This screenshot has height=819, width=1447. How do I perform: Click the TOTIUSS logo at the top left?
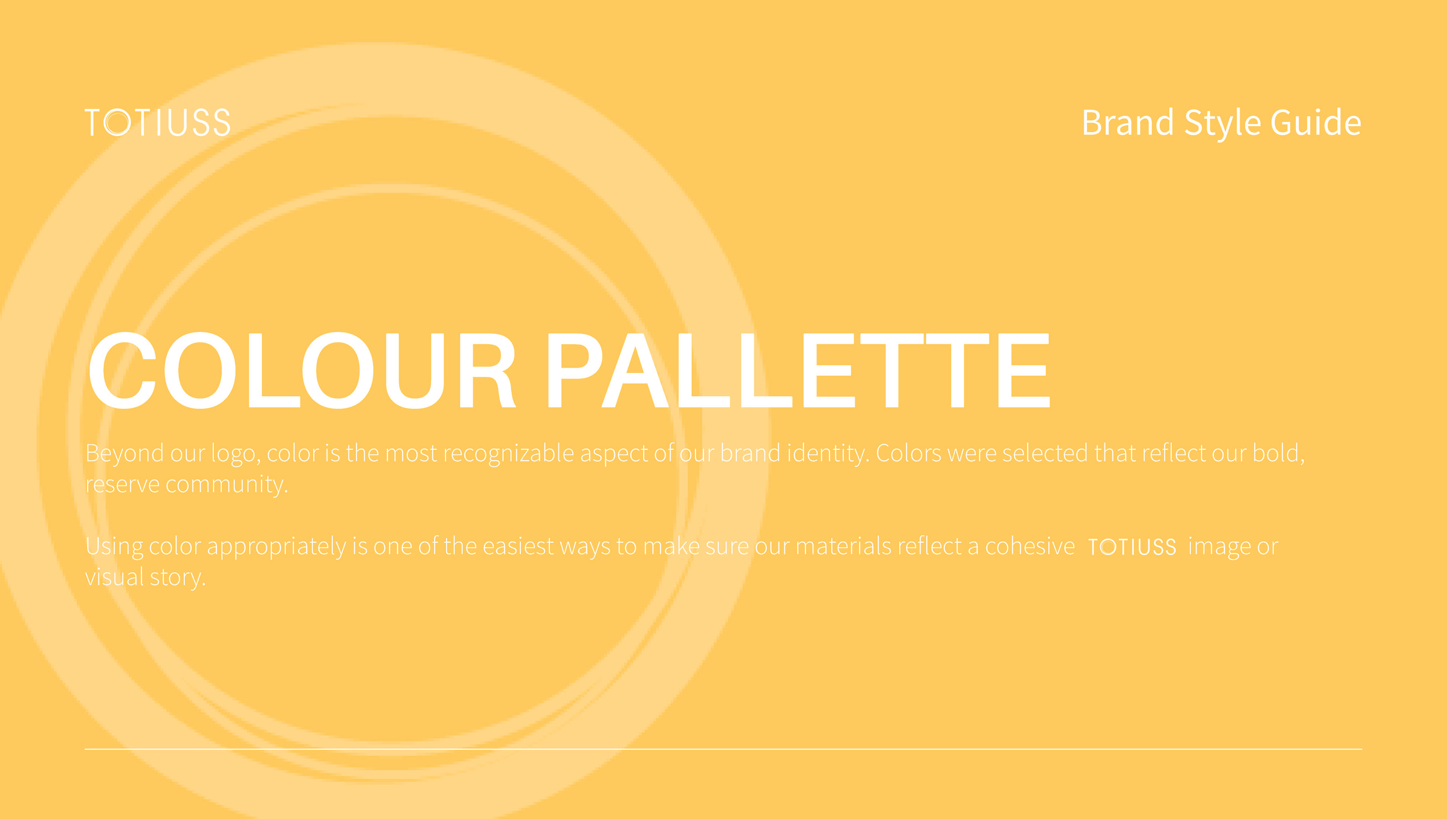pos(158,123)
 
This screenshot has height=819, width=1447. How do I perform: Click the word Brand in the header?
pos(1127,123)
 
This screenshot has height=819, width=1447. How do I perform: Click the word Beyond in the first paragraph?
pos(124,453)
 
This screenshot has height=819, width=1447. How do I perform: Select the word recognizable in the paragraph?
pos(509,453)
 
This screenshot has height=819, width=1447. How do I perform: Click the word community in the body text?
pos(226,485)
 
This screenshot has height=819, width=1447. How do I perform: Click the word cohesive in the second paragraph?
pos(1030,546)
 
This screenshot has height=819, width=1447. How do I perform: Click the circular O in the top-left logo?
pos(118,123)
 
